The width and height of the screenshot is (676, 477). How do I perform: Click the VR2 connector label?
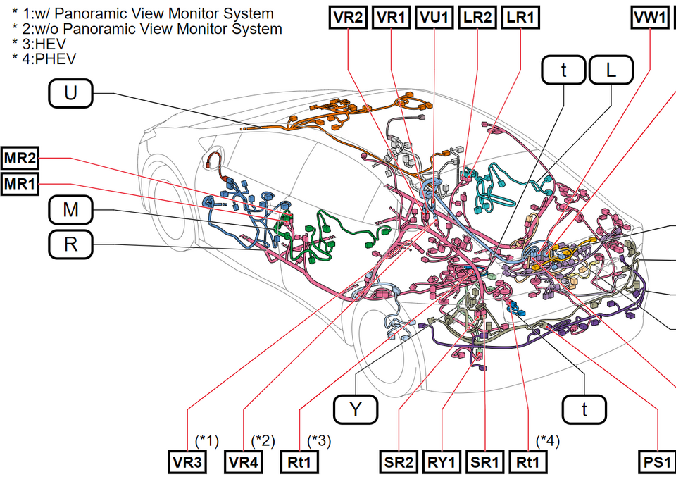(x=349, y=18)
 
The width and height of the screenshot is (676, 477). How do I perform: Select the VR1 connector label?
(x=392, y=18)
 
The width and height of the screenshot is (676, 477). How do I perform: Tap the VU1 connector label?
(x=434, y=18)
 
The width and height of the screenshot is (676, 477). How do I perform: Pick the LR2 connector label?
(x=477, y=18)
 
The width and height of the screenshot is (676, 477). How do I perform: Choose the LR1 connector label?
(x=520, y=18)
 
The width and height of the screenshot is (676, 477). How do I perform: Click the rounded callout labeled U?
(x=70, y=93)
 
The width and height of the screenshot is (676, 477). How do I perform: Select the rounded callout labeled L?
(x=611, y=70)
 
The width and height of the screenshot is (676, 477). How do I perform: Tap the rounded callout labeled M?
(x=70, y=209)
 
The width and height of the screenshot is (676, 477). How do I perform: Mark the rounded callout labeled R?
(x=70, y=245)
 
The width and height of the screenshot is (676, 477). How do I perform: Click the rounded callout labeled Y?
(x=356, y=409)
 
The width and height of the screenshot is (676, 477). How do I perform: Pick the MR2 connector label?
(x=20, y=157)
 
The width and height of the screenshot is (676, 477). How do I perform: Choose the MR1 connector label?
(x=20, y=185)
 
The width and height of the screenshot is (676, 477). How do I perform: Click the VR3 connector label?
(x=188, y=463)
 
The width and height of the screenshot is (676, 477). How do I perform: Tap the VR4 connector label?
(x=244, y=463)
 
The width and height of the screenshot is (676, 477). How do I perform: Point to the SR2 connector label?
(x=399, y=463)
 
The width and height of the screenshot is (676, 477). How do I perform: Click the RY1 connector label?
(x=442, y=463)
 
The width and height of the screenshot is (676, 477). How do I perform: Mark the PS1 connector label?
(x=656, y=463)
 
